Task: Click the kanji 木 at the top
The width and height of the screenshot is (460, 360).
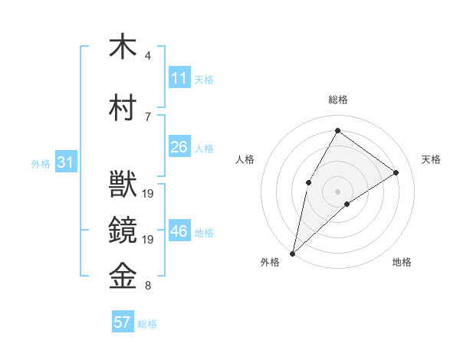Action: click(123, 47)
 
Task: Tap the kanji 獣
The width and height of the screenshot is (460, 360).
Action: click(123, 185)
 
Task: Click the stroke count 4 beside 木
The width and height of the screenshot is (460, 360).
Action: click(147, 56)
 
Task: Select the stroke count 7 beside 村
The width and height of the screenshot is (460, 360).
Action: click(147, 116)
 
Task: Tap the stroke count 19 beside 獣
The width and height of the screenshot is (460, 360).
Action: click(149, 194)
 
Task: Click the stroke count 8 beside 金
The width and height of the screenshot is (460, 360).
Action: click(147, 286)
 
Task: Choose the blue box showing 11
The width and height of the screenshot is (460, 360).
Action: click(179, 78)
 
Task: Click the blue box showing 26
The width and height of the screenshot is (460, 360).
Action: click(179, 147)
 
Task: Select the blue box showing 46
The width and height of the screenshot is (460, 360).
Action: click(179, 231)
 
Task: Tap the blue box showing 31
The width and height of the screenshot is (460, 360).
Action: click(64, 162)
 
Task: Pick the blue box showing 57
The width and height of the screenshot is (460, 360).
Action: click(123, 322)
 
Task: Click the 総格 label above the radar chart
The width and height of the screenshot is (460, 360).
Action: click(337, 100)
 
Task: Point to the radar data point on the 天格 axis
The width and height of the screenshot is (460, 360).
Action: click(396, 172)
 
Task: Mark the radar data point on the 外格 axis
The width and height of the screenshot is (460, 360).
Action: click(292, 253)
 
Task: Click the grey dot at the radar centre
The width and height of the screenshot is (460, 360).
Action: click(337, 191)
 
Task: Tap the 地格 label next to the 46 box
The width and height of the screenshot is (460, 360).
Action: click(205, 232)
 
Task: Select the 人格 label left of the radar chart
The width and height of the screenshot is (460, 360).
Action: click(245, 159)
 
